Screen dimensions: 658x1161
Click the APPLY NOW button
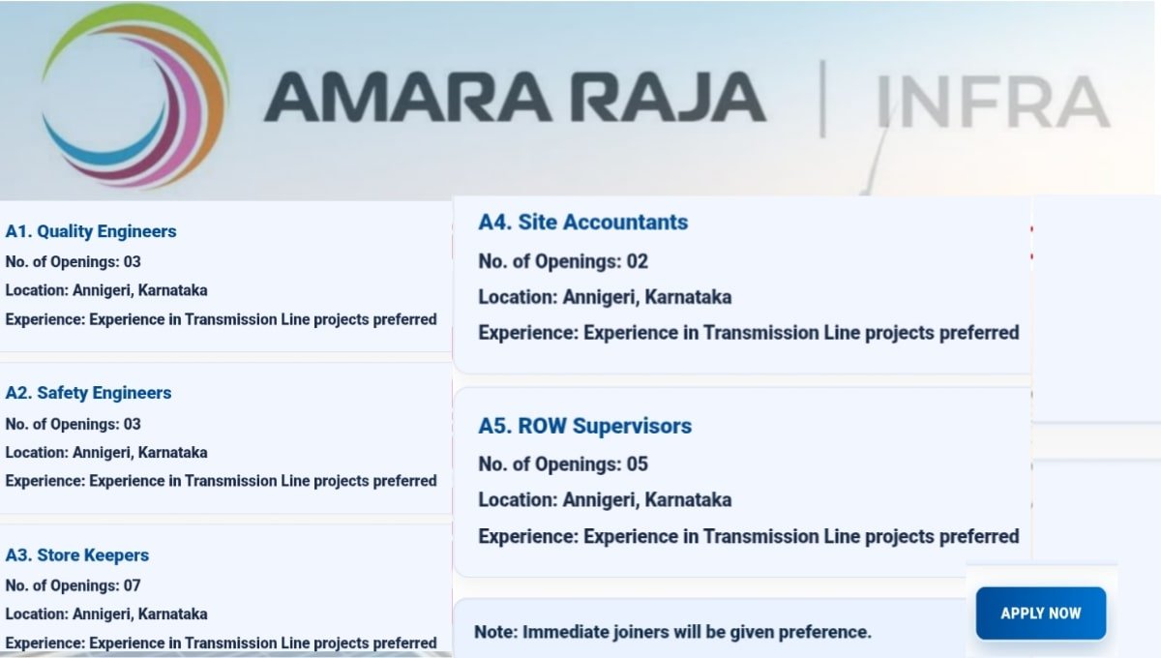click(x=1040, y=613)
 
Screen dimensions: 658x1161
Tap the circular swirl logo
click(x=135, y=97)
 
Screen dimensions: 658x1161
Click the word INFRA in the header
click(x=993, y=101)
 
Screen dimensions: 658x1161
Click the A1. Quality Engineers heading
click(x=91, y=231)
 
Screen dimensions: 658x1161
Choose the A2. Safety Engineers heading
click(x=88, y=393)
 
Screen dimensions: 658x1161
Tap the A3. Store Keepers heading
click(x=77, y=555)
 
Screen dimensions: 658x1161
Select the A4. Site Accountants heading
click(x=582, y=223)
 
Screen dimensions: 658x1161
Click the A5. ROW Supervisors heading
click(x=584, y=426)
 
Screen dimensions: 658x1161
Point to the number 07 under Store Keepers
click(x=132, y=585)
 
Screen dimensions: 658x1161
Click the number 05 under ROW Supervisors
click(x=637, y=464)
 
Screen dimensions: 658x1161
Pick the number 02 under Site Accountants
click(x=637, y=261)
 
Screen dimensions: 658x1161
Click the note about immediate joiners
click(x=672, y=632)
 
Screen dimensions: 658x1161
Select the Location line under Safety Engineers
click(x=106, y=452)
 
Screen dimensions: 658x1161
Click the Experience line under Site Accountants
click(x=748, y=333)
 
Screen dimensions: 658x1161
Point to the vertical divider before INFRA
click(x=822, y=99)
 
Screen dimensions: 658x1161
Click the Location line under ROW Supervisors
click(x=605, y=500)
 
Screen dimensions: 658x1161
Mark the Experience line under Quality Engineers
click(x=221, y=319)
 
